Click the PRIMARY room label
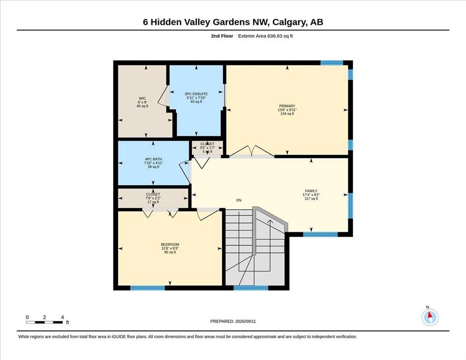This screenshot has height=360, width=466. [x=287, y=106]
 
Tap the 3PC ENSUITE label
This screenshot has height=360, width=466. [x=196, y=94]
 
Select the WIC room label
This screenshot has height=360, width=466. [x=143, y=98]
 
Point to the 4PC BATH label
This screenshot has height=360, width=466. [x=153, y=159]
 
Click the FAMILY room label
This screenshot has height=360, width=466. [x=311, y=191]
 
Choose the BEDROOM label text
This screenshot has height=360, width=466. [x=170, y=245]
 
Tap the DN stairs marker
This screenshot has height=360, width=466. [x=239, y=200]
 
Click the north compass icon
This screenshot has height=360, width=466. [x=430, y=317]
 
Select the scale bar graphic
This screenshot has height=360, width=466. [x=45, y=322]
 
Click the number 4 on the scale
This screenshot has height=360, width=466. [x=62, y=317]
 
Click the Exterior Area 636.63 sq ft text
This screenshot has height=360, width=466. [x=265, y=36]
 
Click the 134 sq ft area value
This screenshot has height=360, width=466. [x=287, y=113]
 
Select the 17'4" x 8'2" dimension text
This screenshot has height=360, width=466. [x=311, y=195]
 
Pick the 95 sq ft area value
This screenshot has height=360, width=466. [x=170, y=252]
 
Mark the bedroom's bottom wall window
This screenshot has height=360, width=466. [x=147, y=288]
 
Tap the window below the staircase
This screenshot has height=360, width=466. [x=251, y=288]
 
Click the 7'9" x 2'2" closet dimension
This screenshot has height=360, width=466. [x=153, y=198]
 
